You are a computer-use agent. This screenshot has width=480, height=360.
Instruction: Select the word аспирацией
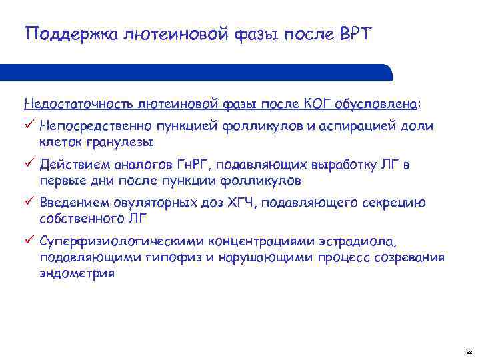[x=368, y=125]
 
